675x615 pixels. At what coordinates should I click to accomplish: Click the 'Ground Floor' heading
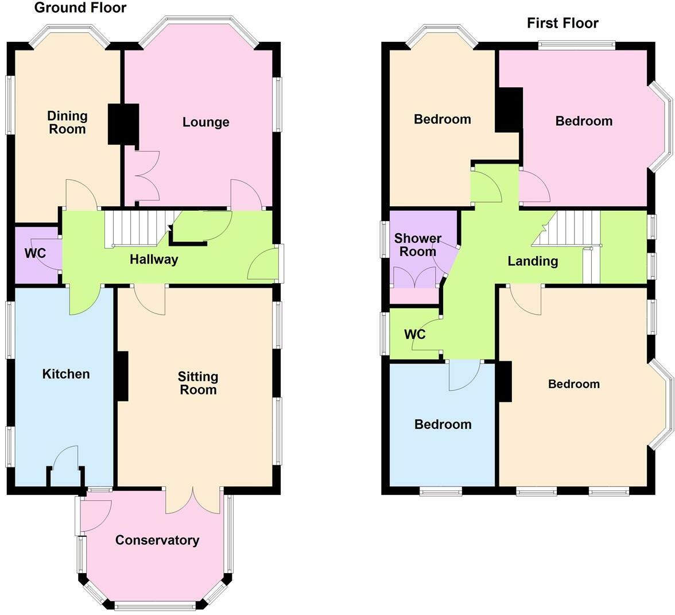point(80,7)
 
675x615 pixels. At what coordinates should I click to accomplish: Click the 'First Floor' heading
point(562,23)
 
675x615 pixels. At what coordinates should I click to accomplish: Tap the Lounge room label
point(205,122)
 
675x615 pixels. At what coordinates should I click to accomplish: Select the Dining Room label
point(67,122)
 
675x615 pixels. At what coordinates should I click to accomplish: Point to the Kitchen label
point(66,374)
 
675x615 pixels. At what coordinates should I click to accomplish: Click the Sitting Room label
point(197,383)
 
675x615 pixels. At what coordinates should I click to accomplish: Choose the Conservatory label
point(157,540)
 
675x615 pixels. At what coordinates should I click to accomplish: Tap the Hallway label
point(153,260)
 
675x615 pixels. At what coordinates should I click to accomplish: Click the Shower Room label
point(417,245)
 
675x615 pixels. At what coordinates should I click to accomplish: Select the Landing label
point(533,261)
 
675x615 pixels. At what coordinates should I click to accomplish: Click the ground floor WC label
point(34,253)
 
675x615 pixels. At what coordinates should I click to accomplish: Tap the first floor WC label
point(415,334)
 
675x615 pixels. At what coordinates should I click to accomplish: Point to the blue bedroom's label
point(443,424)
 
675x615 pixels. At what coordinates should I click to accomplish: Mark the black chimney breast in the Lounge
point(124,123)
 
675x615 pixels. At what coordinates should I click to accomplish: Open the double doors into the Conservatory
point(193,500)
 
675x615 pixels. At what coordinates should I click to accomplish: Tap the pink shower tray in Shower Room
point(414,296)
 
